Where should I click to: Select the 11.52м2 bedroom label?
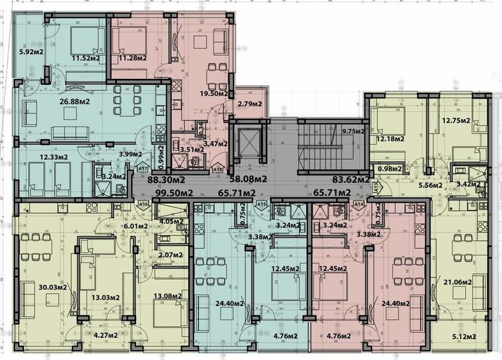coord(87,58)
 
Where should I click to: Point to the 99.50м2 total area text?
coord(162,193)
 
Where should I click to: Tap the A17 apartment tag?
coord(142,169)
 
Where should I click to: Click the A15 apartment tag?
coord(262,204)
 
